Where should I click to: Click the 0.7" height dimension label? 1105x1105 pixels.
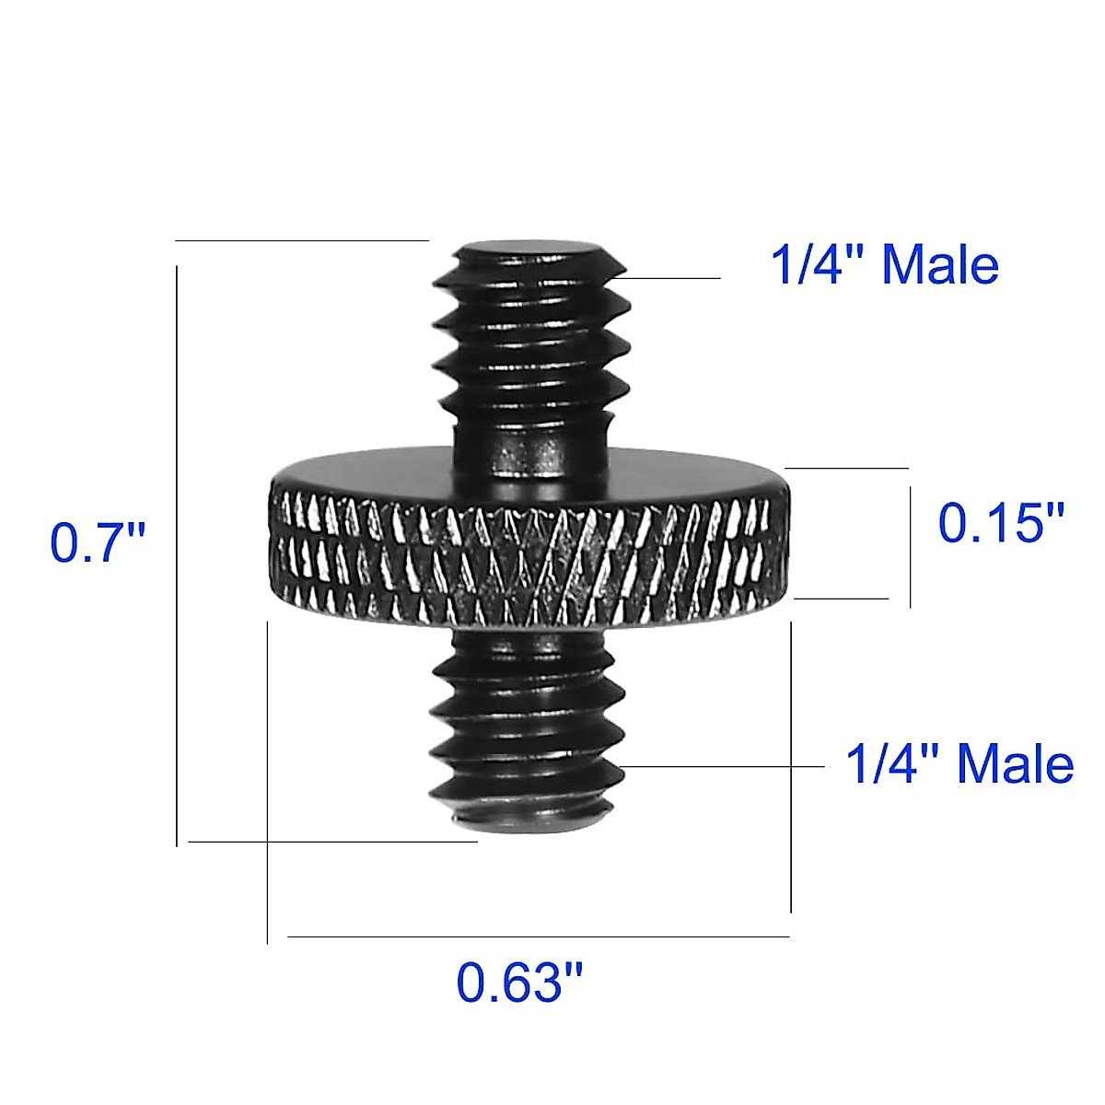[x=98, y=542]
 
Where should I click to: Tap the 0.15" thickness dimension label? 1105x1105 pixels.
[x=1001, y=523]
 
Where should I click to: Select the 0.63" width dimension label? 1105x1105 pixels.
[x=520, y=983]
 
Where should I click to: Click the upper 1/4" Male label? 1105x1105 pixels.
[x=884, y=265]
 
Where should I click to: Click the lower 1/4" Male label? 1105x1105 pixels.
[x=960, y=764]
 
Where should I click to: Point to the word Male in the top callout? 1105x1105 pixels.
[x=940, y=265]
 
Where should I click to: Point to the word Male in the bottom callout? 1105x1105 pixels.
[x=1016, y=764]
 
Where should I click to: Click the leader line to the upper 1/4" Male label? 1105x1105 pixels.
[x=672, y=277]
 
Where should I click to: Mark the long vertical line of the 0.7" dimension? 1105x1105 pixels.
[x=176, y=552]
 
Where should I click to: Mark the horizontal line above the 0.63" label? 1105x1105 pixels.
[x=539, y=936]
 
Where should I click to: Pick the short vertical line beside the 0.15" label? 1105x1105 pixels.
[x=910, y=548]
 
